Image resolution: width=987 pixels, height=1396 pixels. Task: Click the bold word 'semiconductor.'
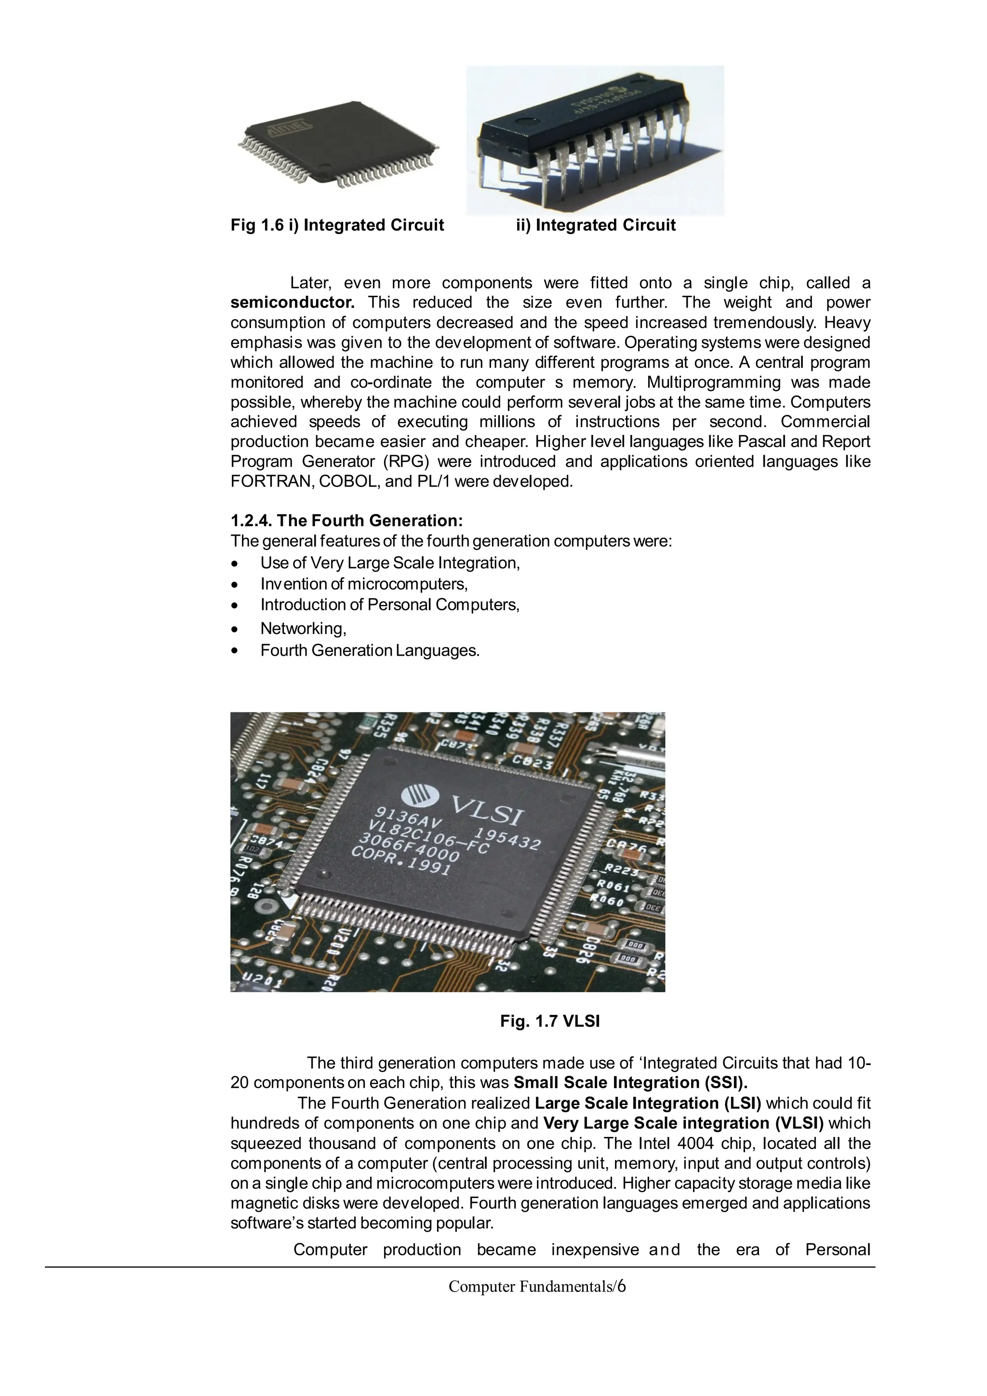[292, 303]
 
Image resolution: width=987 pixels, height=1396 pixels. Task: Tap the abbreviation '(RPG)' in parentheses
[406, 462]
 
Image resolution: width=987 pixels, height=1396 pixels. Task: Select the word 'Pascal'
[778, 442]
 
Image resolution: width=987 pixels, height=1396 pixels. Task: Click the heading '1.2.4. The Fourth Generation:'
[347, 521]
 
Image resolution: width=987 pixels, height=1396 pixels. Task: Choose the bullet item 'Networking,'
[303, 629]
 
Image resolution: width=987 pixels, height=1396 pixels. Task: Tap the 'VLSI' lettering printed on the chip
[486, 808]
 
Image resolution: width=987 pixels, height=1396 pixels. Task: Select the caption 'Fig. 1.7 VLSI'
[550, 1021]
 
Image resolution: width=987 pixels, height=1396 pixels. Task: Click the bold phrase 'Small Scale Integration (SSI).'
[631, 1083]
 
